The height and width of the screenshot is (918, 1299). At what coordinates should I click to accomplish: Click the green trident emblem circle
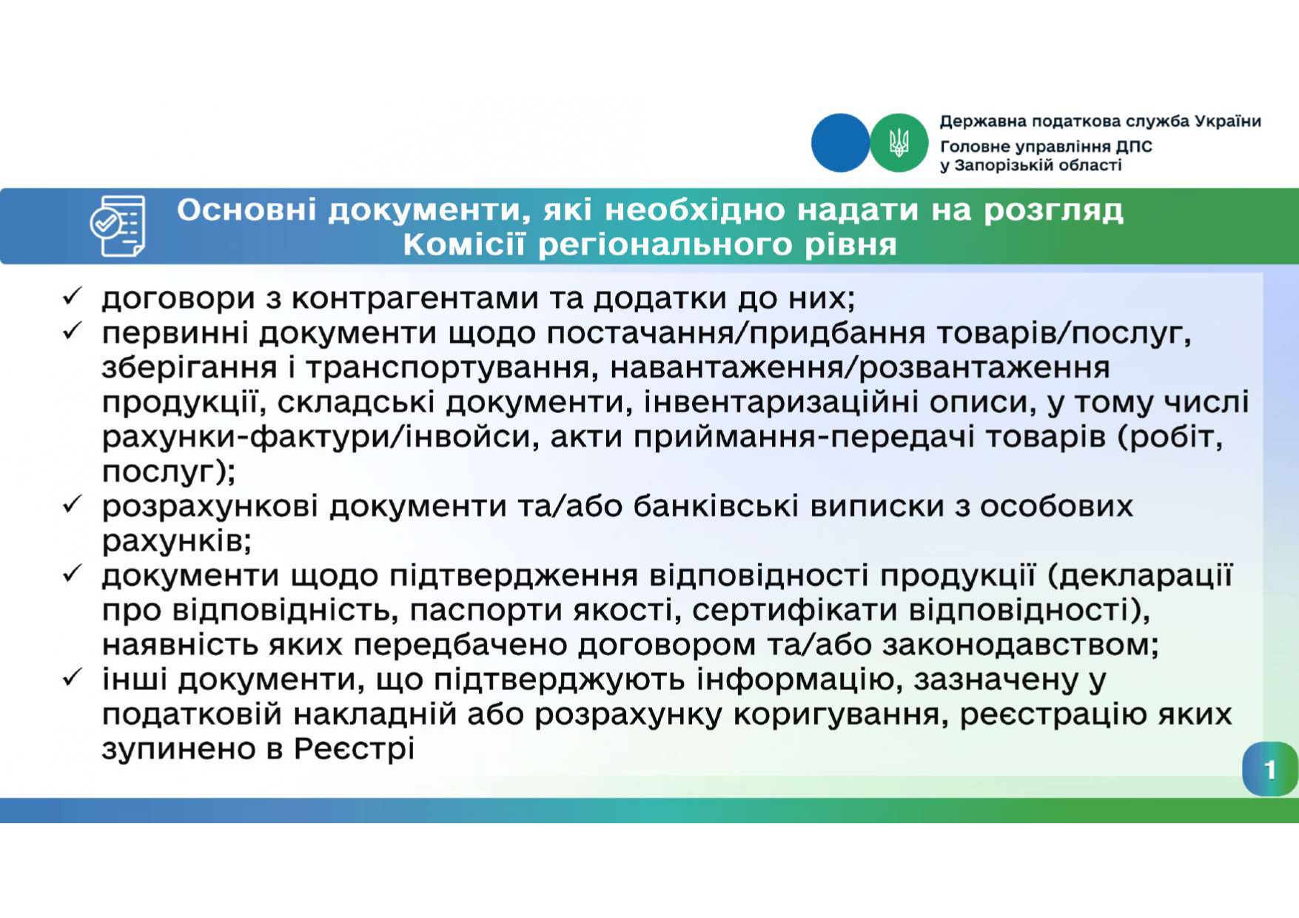pyautogui.click(x=899, y=143)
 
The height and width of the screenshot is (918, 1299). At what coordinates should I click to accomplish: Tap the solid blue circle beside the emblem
pyautogui.click(x=841, y=143)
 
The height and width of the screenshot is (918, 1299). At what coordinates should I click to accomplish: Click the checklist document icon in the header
pyautogui.click(x=118, y=226)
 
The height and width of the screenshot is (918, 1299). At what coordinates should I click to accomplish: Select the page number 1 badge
pyautogui.click(x=1270, y=770)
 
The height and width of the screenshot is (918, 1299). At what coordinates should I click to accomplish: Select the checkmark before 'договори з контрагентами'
pyautogui.click(x=72, y=297)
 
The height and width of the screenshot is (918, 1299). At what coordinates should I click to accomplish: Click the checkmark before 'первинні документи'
pyautogui.click(x=72, y=331)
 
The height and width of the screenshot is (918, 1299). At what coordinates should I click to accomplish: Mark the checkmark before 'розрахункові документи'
pyautogui.click(x=72, y=505)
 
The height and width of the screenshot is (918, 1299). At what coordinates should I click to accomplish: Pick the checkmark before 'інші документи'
pyautogui.click(x=72, y=677)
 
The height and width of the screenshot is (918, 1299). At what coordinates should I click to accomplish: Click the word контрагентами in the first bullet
pyautogui.click(x=415, y=298)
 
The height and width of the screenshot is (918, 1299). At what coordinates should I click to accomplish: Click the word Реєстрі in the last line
pyautogui.click(x=354, y=749)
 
